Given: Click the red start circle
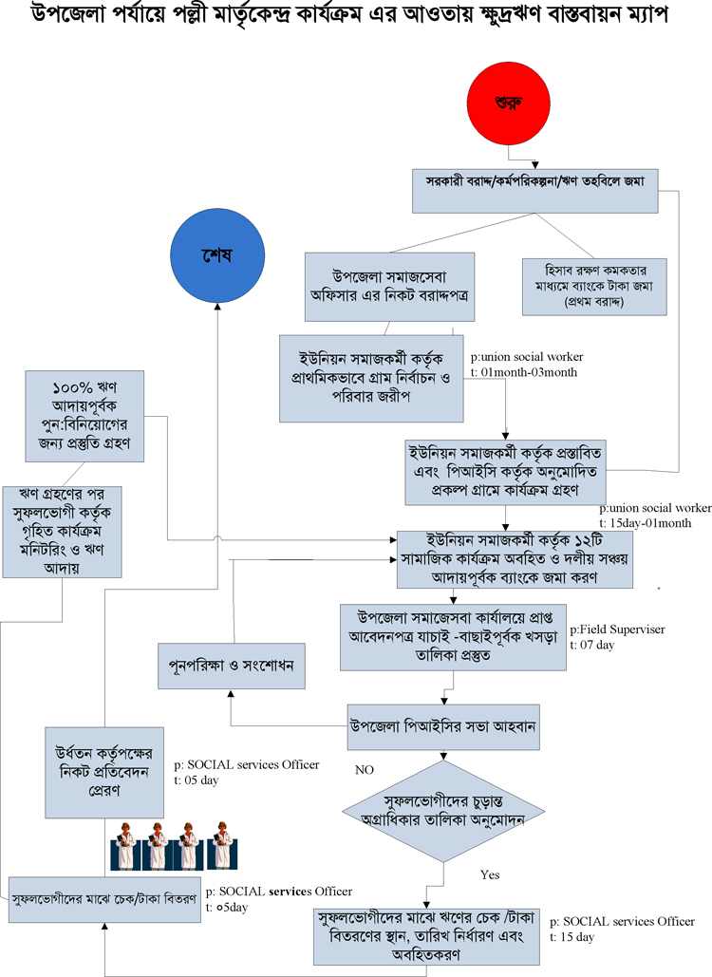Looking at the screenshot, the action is coord(508,103).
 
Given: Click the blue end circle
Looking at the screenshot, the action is coord(217,255).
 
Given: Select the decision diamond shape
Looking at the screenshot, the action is coord(443,811).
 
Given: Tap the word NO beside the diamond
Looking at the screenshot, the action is coord(365,770).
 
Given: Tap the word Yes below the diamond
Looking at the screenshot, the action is coord(490,874).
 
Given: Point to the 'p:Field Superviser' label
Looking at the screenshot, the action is coord(617,629).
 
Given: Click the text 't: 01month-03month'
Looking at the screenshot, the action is coord(524,372).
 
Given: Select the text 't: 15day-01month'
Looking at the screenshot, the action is coord(646,523).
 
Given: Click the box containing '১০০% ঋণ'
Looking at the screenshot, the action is coord(84,416).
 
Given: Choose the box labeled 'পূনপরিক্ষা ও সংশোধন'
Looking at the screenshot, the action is coord(231,667).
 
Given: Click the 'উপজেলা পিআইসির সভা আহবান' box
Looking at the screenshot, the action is coord(443,726).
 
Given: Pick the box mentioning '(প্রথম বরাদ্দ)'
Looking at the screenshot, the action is coord(594,287).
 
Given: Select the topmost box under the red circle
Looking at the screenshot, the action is coord(535,191).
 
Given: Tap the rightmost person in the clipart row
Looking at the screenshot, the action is coord(222,845).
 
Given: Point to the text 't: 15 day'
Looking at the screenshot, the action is coord(571,937).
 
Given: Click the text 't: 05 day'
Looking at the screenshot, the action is coord(197,780).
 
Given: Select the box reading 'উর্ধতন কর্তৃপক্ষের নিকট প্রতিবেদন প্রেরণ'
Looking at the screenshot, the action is coord(104,773).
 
